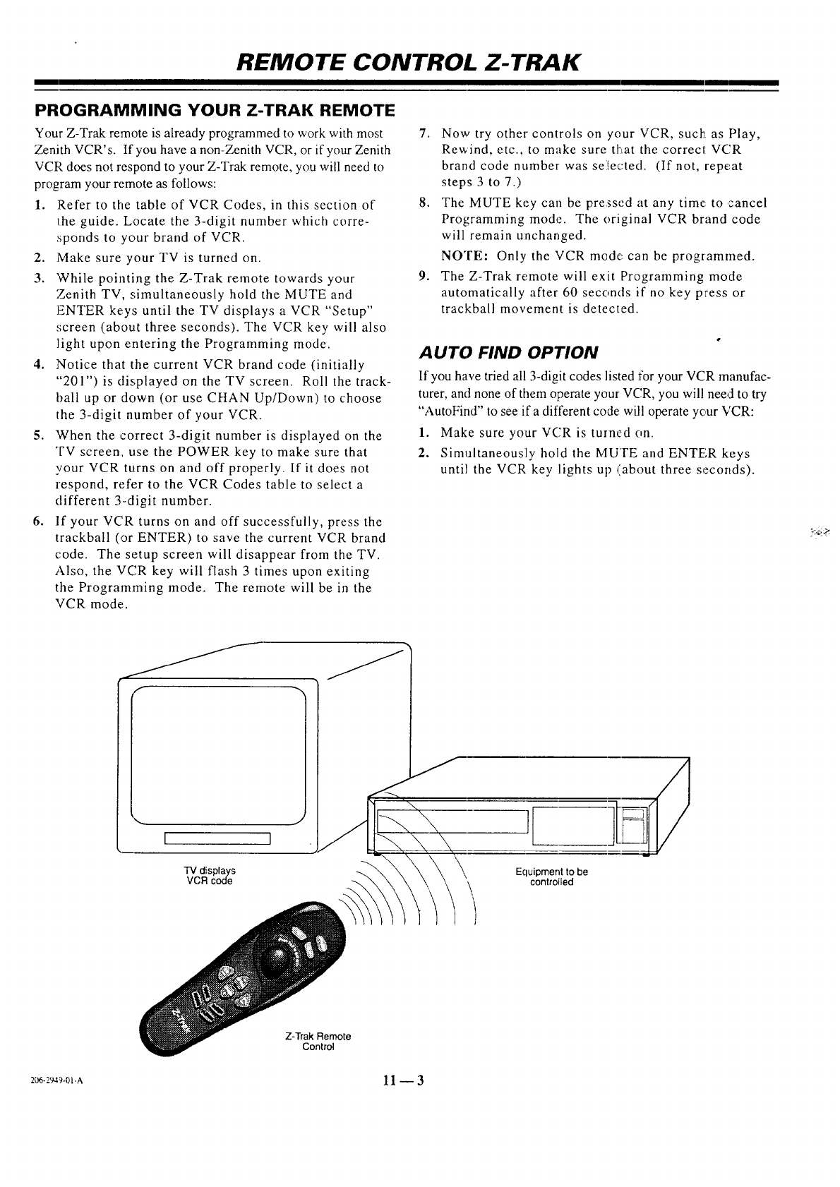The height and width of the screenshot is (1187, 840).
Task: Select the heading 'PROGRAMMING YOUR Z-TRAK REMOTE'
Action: coord(214,112)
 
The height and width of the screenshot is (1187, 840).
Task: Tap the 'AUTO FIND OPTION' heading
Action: coord(508,351)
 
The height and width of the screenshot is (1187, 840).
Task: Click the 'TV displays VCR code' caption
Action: coord(210,876)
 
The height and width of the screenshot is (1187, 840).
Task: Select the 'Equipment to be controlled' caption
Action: coord(551,876)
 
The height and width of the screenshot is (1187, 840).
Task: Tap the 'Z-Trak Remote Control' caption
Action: coord(318,1042)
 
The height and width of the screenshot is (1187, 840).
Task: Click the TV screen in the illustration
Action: coord(217,755)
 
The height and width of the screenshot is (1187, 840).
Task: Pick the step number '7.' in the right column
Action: coord(424,134)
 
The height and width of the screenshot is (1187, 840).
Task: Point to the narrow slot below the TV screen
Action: coord(217,838)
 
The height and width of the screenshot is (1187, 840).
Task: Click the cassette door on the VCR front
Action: coord(453,821)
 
